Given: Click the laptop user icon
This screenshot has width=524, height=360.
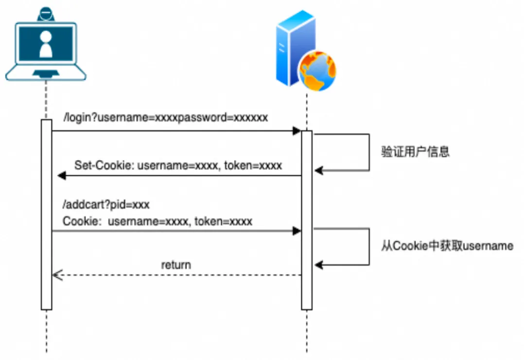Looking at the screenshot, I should (x=46, y=46).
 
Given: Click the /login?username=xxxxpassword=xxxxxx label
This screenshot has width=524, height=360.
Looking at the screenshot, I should (x=165, y=118).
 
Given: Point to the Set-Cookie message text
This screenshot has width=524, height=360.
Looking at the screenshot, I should (x=178, y=165).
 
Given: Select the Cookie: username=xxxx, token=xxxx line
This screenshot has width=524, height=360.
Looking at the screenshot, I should (x=157, y=221).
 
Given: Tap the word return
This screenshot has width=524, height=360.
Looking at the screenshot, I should (x=176, y=265).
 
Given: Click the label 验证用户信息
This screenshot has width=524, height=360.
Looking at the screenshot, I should (x=415, y=151).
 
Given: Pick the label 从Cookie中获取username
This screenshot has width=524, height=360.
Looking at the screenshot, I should (x=447, y=246).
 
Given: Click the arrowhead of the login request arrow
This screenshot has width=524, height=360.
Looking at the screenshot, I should (x=297, y=131).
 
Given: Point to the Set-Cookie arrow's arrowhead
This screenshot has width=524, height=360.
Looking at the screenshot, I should (x=61, y=176).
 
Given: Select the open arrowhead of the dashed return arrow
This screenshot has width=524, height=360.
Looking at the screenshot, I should (x=56, y=275).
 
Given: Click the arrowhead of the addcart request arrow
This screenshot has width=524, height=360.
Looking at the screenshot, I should (x=297, y=232).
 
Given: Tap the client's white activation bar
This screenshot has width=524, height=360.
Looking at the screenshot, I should (x=46, y=214).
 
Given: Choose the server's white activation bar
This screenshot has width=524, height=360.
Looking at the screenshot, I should (x=307, y=219).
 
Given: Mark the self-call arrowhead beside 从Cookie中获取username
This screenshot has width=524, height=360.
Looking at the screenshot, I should (x=318, y=265).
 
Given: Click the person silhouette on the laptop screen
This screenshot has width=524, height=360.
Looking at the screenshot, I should (x=46, y=44).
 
